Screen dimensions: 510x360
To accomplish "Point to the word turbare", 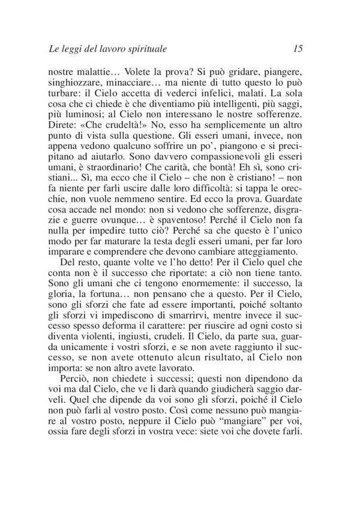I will [63, 94].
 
